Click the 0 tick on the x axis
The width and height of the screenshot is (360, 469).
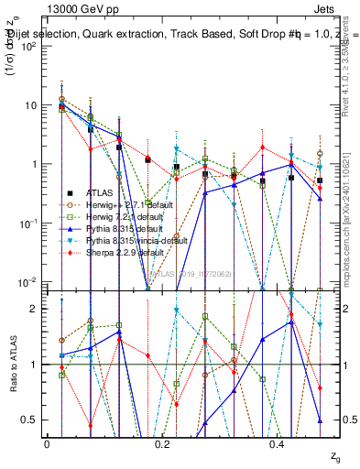[x=47, y=444]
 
